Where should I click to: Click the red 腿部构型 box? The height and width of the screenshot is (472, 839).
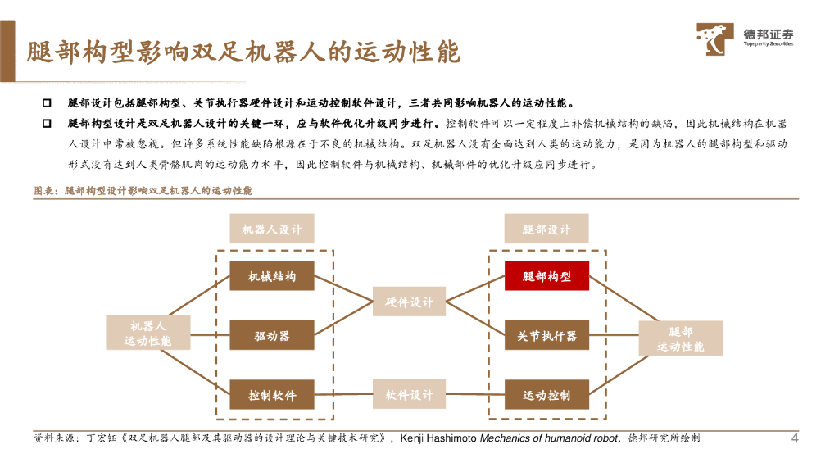pos(546,277)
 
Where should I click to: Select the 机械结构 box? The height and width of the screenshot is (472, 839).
pos(272,277)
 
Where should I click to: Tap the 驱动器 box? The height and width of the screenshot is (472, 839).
pos(272,336)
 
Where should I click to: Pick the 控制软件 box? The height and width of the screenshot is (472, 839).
pos(272,395)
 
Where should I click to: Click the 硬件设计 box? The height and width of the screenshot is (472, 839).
pos(409,302)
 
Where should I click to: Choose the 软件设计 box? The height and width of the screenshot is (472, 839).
pos(409,395)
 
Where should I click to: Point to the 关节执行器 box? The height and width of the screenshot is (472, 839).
pos(546,336)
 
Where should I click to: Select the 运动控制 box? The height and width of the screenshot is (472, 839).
pos(546,395)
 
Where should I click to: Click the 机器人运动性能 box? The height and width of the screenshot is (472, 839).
pos(148,333)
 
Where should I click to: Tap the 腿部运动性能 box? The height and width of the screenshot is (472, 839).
pos(681,338)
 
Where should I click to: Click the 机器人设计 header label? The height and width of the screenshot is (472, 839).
pos(272,229)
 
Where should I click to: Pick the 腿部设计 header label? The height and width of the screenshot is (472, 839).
pos(546,229)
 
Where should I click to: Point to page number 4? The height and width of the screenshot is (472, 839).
pos(794,438)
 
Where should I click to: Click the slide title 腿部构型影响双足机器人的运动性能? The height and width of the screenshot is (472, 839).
pos(243,52)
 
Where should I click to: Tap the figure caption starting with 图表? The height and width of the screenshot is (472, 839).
pos(143,190)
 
